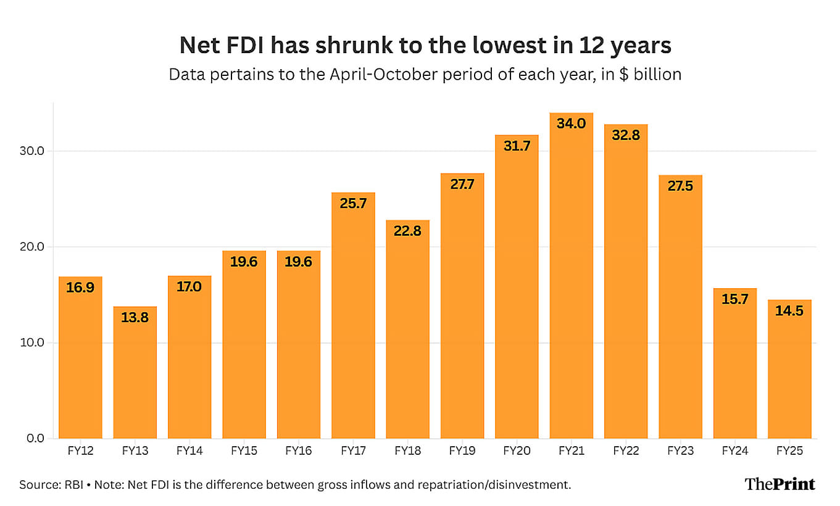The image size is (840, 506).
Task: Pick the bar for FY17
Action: click(x=353, y=315)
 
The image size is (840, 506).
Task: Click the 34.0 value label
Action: click(x=571, y=123)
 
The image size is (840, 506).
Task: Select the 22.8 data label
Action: click(x=407, y=231)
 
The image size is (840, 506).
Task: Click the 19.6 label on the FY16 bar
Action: click(x=299, y=262)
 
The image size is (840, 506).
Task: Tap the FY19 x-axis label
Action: click(x=462, y=452)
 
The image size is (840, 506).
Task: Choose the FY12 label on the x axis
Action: click(x=80, y=452)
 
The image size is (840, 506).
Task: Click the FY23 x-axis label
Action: click(x=680, y=452)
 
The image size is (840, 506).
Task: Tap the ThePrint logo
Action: click(x=780, y=484)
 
